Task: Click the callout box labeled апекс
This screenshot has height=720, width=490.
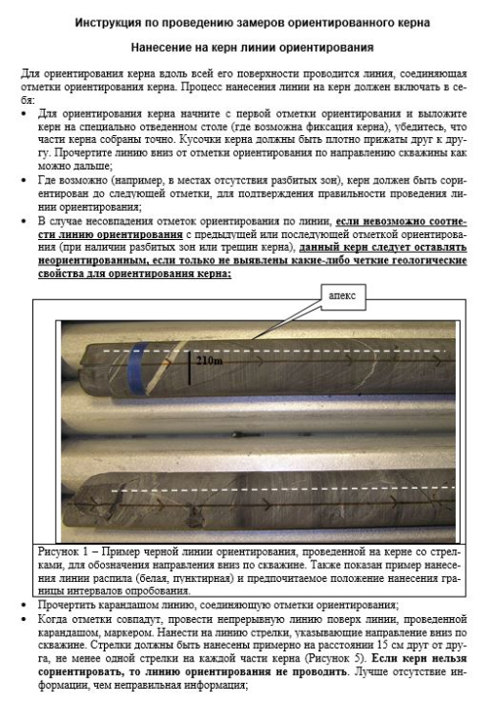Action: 342,297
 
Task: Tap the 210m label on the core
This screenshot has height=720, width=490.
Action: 210,360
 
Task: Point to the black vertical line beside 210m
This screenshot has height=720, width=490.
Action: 189,368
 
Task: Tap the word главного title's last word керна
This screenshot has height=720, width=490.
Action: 413,23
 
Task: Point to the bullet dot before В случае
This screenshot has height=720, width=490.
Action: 24,221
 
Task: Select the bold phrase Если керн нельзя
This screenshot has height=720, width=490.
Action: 418,658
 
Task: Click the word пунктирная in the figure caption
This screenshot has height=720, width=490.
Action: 200,578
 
